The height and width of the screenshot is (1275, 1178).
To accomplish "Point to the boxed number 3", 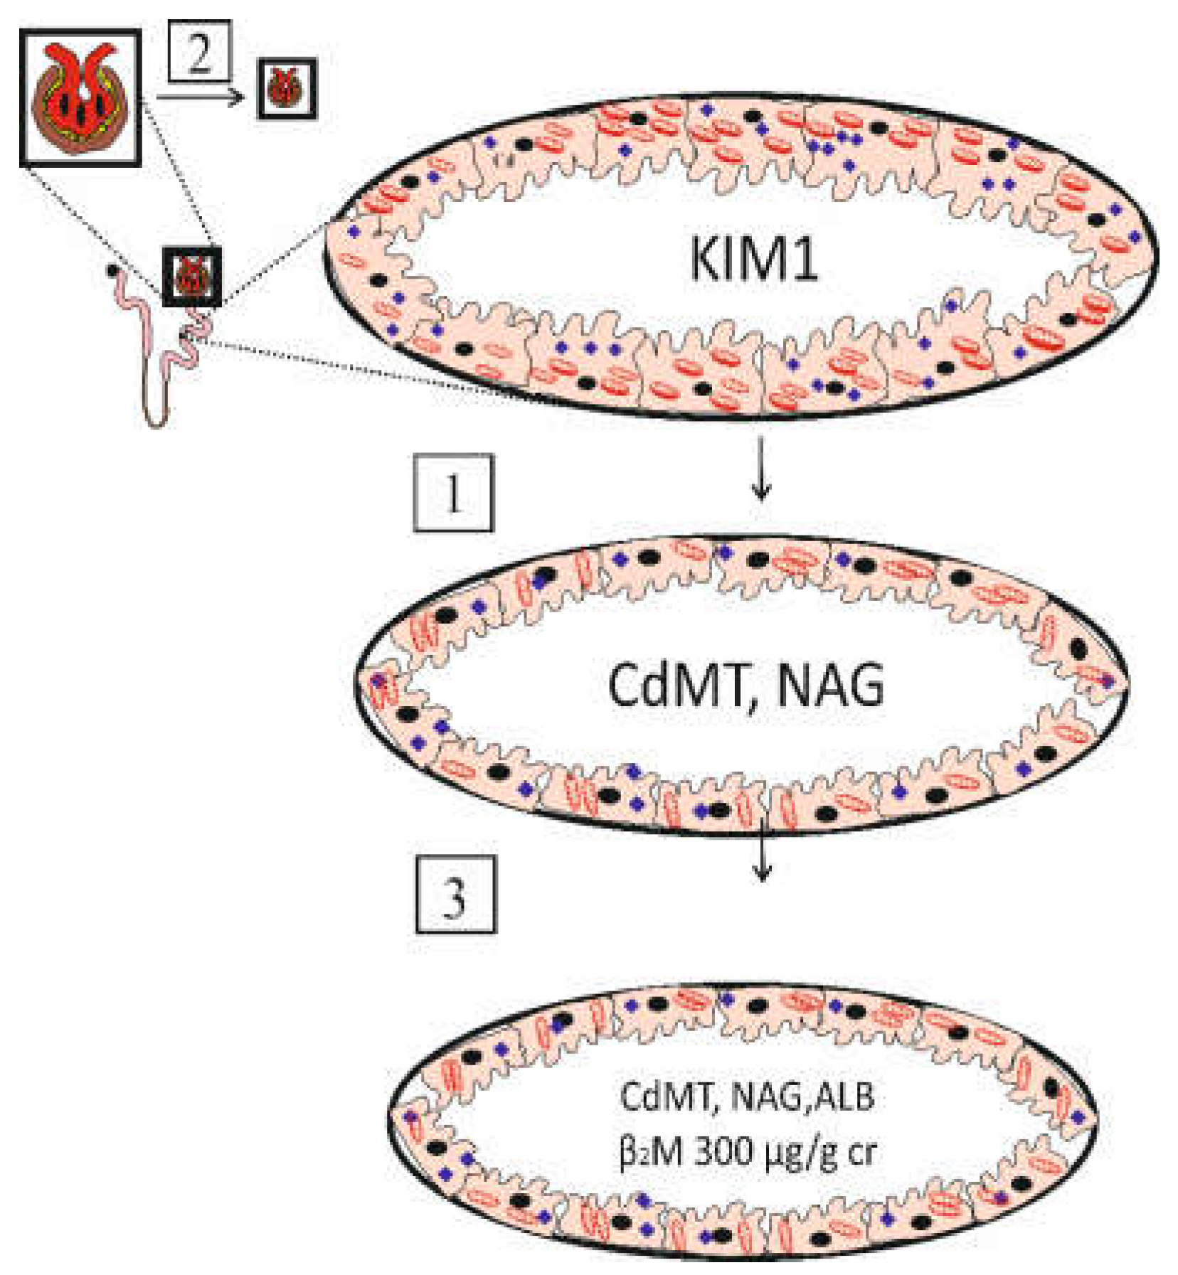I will [456, 895].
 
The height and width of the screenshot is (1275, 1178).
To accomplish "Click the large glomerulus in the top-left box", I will [80, 97].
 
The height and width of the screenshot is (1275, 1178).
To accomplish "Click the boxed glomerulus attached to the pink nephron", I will [191, 277].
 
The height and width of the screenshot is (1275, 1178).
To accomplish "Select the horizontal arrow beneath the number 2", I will [199, 97].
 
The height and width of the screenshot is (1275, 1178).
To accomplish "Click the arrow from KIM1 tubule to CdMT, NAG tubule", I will [761, 469].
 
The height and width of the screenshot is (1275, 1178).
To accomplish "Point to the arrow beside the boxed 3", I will [762, 850].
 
